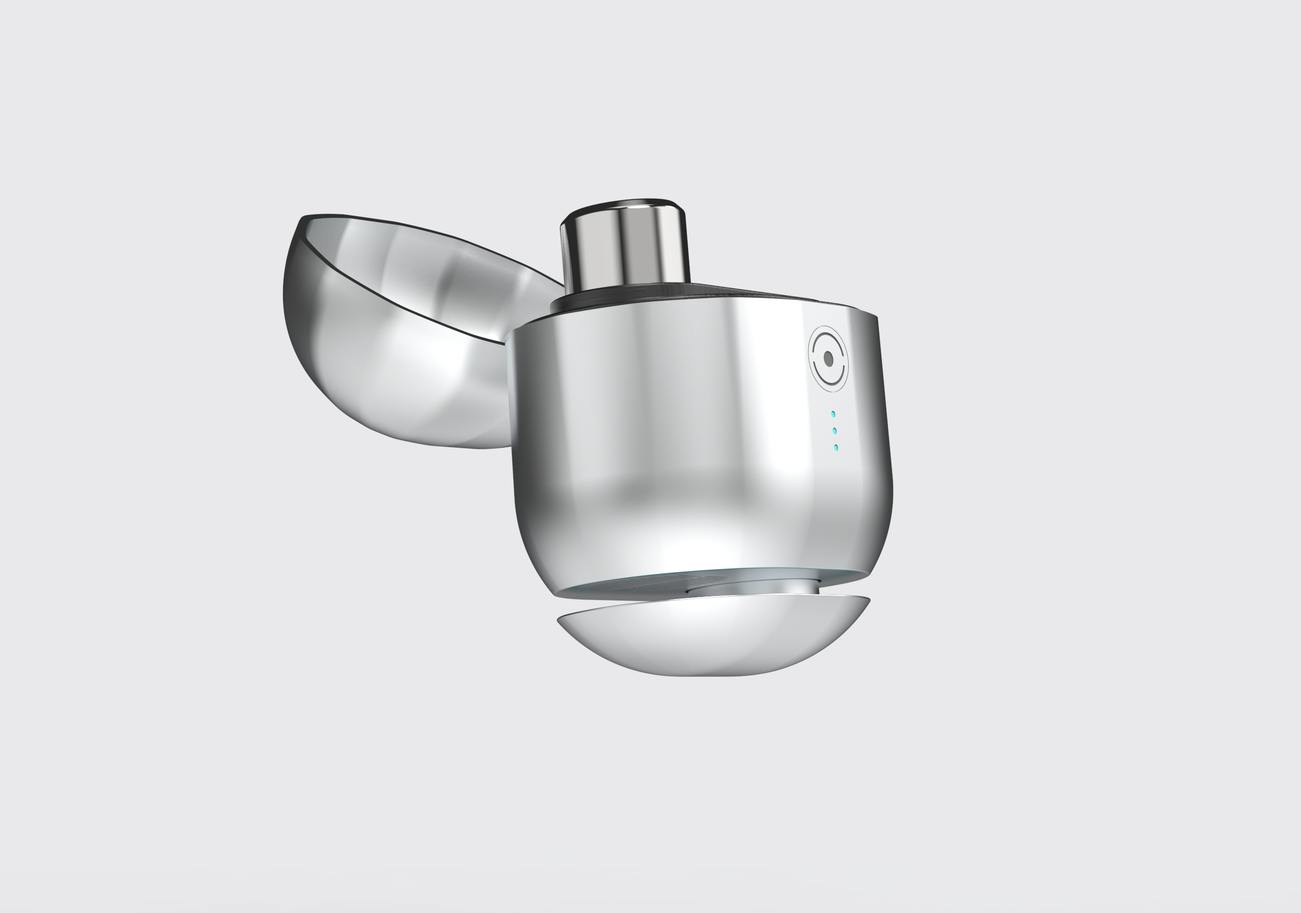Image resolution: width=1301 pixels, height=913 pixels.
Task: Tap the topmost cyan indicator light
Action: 833,414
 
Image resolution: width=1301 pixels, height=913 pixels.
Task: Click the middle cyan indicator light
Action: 834,431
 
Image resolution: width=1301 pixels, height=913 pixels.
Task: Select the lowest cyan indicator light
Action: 837,448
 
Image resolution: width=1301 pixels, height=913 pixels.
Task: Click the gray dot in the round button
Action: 828,359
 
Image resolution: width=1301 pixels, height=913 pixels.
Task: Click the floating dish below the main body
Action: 714,640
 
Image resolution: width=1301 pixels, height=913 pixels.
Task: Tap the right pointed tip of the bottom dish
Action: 869,599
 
